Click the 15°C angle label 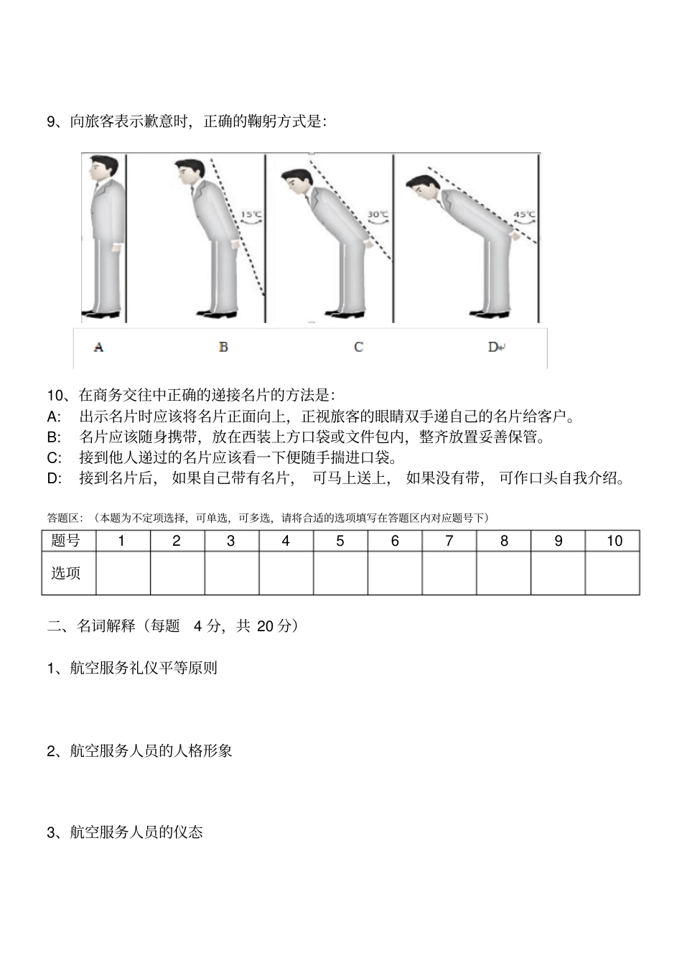point(251,214)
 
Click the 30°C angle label point(378,214)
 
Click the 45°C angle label point(524,214)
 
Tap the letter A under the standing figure point(98,348)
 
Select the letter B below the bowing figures point(223,348)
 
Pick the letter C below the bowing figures point(358,348)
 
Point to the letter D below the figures point(493,348)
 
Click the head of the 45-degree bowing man point(421,187)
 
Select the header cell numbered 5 point(340,541)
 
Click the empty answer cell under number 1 point(122,573)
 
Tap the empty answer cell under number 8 point(504,573)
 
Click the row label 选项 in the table point(66,573)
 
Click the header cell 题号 point(66,541)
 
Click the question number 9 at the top point(52,121)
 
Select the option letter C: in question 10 point(54,457)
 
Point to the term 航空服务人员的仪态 point(136,832)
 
